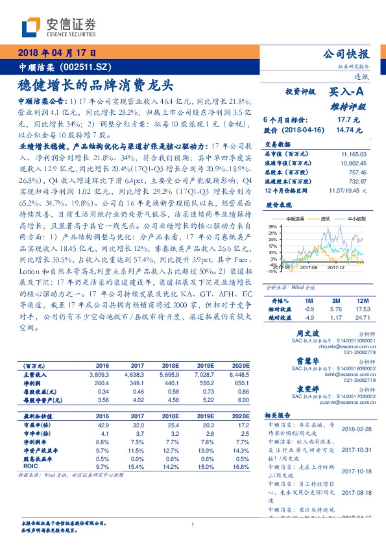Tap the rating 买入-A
(x=346, y=93)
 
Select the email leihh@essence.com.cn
(x=348, y=374)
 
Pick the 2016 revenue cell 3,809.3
(x=99, y=374)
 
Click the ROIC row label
(x=30, y=466)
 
